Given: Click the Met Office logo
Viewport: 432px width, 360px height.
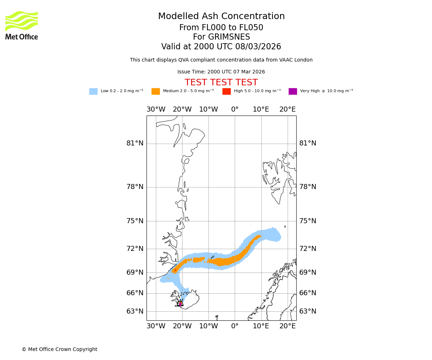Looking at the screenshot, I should [22, 25].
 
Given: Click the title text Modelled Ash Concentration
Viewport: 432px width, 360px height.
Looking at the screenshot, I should [221, 17].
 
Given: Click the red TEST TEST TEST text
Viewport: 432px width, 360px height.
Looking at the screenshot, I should [221, 83].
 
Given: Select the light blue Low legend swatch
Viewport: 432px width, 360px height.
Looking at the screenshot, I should [93, 91].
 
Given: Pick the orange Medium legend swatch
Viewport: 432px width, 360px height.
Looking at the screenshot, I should [156, 91].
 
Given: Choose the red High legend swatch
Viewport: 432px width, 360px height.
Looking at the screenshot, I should [226, 91].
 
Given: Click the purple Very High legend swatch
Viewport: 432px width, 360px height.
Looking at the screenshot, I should [293, 91].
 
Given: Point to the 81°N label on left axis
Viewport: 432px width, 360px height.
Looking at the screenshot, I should [135, 143].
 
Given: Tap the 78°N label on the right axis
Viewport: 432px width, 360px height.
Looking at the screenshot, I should [308, 187].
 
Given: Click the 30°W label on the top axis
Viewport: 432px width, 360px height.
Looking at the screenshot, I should [156, 109].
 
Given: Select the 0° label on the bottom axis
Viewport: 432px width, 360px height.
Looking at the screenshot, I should [235, 326].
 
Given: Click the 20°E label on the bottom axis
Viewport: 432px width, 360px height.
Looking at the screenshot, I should [288, 326].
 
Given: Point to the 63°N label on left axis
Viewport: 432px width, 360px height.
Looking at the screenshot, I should [135, 311].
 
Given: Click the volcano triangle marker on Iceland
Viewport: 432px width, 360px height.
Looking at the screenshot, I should [180, 303].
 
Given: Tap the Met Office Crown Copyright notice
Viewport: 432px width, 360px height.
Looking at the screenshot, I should [59, 350].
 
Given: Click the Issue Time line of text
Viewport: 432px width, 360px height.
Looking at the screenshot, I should [221, 72].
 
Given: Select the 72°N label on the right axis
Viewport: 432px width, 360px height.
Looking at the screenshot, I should [308, 249].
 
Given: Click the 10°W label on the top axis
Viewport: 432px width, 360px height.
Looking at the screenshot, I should [208, 109].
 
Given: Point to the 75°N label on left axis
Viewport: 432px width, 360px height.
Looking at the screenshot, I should [135, 221].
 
